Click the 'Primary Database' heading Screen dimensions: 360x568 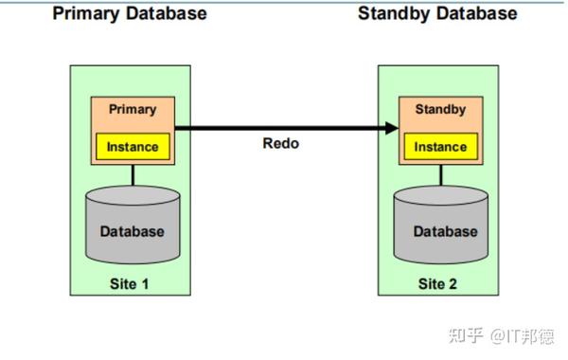point(131,14)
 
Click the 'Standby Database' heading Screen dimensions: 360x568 point(437,14)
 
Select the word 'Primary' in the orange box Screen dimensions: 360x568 point(133,109)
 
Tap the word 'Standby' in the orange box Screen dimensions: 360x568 point(440,110)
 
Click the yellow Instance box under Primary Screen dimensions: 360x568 point(133,148)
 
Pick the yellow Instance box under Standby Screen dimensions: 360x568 point(440,148)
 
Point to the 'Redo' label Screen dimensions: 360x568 point(282,144)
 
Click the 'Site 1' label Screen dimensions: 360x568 point(132,283)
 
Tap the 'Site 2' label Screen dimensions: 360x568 point(438,283)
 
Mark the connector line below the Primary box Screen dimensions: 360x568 point(133,175)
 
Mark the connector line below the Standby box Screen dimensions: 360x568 point(440,175)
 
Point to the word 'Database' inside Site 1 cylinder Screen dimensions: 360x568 point(133,231)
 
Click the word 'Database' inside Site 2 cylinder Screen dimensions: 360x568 point(445,231)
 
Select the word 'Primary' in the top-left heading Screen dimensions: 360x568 point(83,14)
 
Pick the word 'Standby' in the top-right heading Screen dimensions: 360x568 point(390,14)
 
